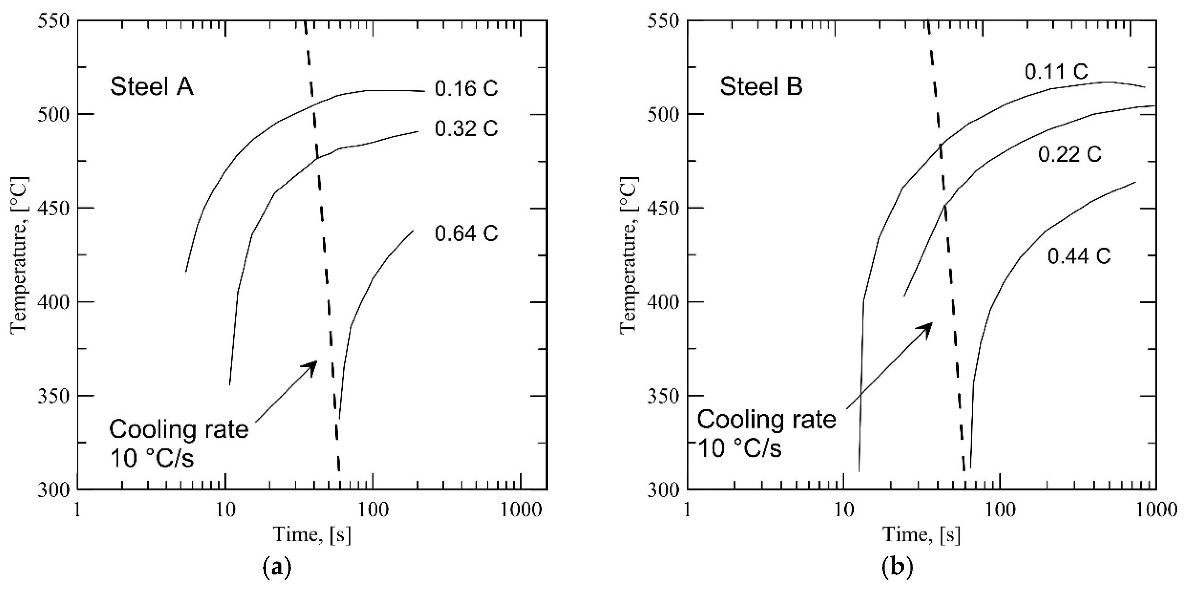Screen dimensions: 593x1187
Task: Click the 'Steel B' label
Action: click(761, 86)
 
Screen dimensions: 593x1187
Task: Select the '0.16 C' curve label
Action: click(466, 89)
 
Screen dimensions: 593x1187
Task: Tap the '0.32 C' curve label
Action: click(466, 128)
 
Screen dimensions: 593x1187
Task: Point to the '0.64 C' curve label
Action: click(466, 233)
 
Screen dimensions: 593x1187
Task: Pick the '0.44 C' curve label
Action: click(1079, 257)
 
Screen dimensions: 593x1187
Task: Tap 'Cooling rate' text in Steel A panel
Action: click(179, 430)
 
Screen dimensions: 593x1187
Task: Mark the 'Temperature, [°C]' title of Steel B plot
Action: click(629, 254)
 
